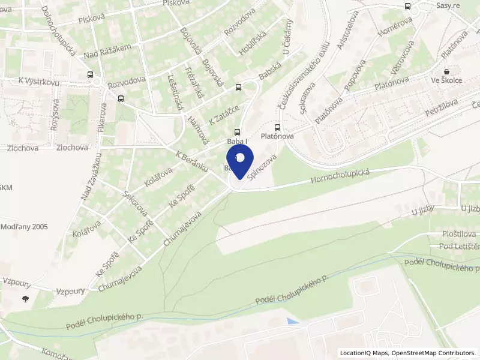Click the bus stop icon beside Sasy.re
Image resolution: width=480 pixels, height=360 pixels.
408,7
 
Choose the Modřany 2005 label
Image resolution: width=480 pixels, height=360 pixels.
24,227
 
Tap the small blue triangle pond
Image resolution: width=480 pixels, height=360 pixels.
292,322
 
